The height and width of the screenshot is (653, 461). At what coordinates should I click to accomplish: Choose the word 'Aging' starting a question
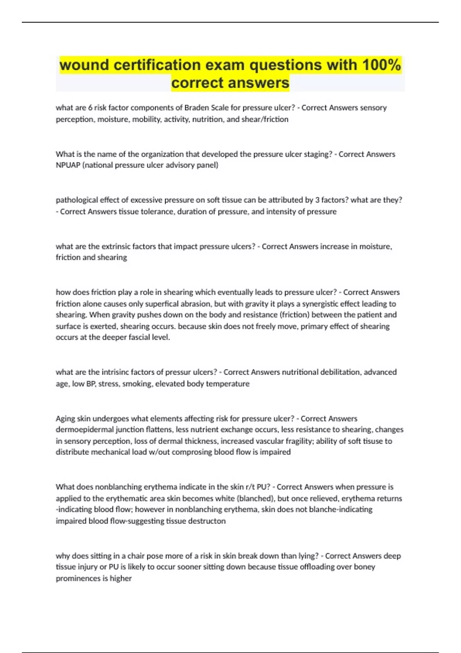point(65,418)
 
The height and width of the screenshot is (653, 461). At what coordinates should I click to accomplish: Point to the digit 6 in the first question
point(90,108)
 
